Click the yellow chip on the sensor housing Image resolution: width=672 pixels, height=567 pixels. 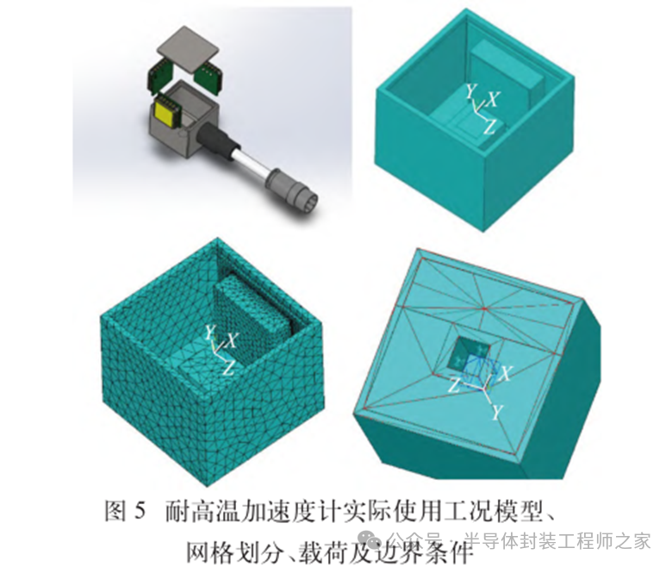pos(165,111)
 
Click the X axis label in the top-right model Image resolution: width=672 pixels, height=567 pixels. pos(493,100)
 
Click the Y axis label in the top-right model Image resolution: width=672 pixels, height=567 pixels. pos(471,91)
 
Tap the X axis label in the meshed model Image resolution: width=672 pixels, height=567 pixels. pos(232,341)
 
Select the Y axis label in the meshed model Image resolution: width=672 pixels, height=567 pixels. pos(210,332)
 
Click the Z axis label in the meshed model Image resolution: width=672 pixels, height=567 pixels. pos(228,368)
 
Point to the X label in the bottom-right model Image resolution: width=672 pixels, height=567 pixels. pos(505,374)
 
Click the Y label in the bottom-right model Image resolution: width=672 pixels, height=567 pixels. pos(496,412)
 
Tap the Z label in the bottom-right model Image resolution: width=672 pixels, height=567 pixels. pos(455,386)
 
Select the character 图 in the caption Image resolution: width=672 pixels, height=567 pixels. pos(115,511)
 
